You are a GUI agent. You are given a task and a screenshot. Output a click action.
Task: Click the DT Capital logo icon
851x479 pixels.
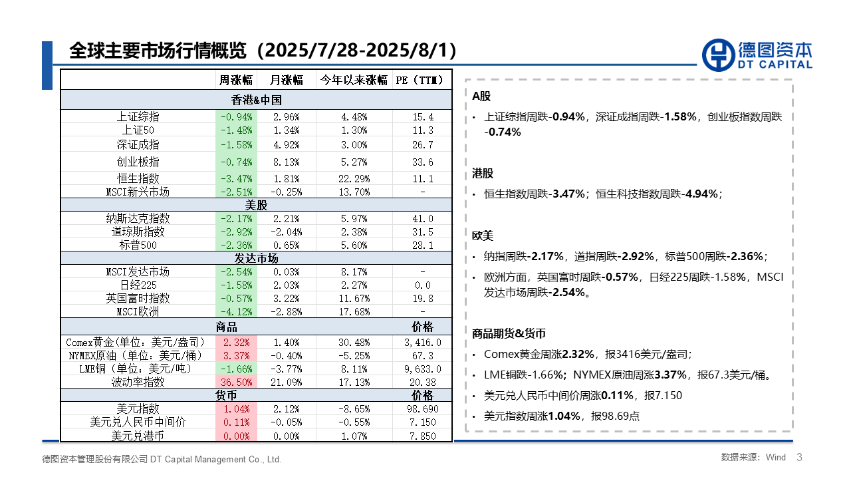coord(717,54)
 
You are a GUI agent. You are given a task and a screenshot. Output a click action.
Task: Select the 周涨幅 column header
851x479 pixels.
coord(236,80)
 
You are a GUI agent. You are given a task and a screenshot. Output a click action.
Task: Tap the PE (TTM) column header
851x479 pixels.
coord(422,80)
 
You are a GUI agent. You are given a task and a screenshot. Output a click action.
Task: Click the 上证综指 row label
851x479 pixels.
coord(138,116)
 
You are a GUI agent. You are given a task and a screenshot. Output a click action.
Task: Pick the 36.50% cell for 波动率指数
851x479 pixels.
coord(235,382)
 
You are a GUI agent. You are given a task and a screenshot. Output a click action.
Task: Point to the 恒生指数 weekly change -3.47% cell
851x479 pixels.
coord(235,178)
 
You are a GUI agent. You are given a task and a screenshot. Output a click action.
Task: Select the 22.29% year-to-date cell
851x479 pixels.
coord(353,178)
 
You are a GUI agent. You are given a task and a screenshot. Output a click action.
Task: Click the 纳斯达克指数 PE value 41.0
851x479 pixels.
coord(422,218)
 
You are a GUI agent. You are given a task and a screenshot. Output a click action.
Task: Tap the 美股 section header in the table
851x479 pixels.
coord(256,205)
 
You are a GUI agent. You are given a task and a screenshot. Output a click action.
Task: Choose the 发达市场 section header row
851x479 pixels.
coord(256,258)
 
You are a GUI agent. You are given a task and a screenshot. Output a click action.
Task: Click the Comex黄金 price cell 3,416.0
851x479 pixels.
coord(422,342)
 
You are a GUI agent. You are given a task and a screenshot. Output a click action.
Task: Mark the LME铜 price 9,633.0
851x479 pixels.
coord(422,369)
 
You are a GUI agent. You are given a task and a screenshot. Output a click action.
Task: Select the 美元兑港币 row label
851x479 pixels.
coord(138,436)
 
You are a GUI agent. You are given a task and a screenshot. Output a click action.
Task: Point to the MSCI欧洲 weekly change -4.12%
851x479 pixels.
coord(235,311)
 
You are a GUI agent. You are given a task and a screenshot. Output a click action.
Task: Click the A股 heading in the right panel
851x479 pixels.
coord(481,96)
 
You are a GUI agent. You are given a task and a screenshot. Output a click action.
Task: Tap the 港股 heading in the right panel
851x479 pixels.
coord(483,174)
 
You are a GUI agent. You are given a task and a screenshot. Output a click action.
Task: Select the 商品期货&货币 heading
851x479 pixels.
coord(509,333)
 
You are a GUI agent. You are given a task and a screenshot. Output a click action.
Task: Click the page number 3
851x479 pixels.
coord(799,457)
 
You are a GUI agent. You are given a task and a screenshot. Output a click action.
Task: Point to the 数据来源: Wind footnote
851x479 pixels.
coord(753,458)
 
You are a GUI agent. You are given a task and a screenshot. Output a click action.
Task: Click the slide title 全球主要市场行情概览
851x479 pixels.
coord(158,51)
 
